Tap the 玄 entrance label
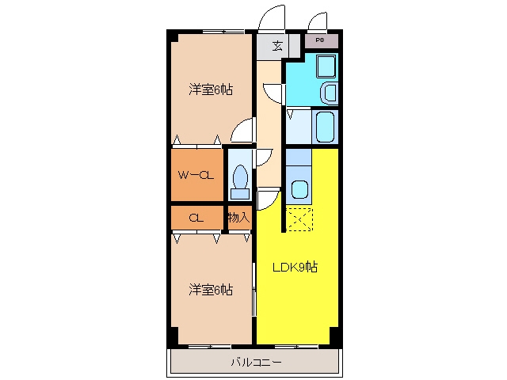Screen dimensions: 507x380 [x=277, y=46]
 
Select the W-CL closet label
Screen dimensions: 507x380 [x=196, y=175]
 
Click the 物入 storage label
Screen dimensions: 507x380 [x=239, y=218]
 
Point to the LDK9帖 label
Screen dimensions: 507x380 [x=295, y=267]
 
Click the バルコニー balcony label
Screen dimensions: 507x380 [x=256, y=363]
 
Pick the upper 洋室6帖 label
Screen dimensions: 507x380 [x=211, y=89]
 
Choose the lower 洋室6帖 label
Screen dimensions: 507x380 [x=211, y=290]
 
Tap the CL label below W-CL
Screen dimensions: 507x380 [x=196, y=218]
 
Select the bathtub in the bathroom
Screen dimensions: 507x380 [x=325, y=127]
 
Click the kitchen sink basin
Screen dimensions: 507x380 [x=299, y=189]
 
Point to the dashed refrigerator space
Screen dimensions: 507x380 [x=299, y=219]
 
